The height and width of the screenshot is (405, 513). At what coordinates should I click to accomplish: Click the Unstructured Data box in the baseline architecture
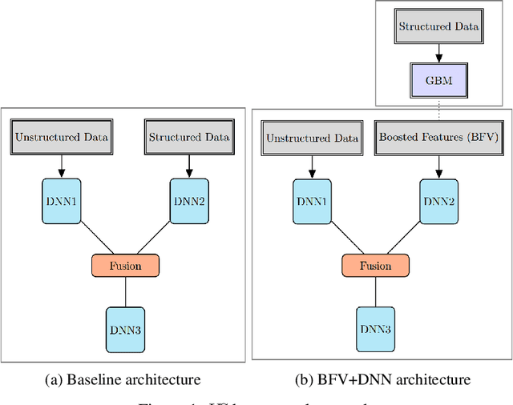click(63, 137)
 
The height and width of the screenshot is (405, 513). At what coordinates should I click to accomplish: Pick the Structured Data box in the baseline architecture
click(189, 137)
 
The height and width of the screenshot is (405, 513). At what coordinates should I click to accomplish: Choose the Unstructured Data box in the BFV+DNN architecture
click(312, 138)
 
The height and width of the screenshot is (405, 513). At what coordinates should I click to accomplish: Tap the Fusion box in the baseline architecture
click(126, 264)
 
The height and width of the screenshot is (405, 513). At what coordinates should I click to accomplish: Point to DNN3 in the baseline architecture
click(126, 328)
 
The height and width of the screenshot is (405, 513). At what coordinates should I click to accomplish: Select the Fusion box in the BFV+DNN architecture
click(375, 265)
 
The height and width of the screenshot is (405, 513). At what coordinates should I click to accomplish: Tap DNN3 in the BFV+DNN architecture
click(375, 329)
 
